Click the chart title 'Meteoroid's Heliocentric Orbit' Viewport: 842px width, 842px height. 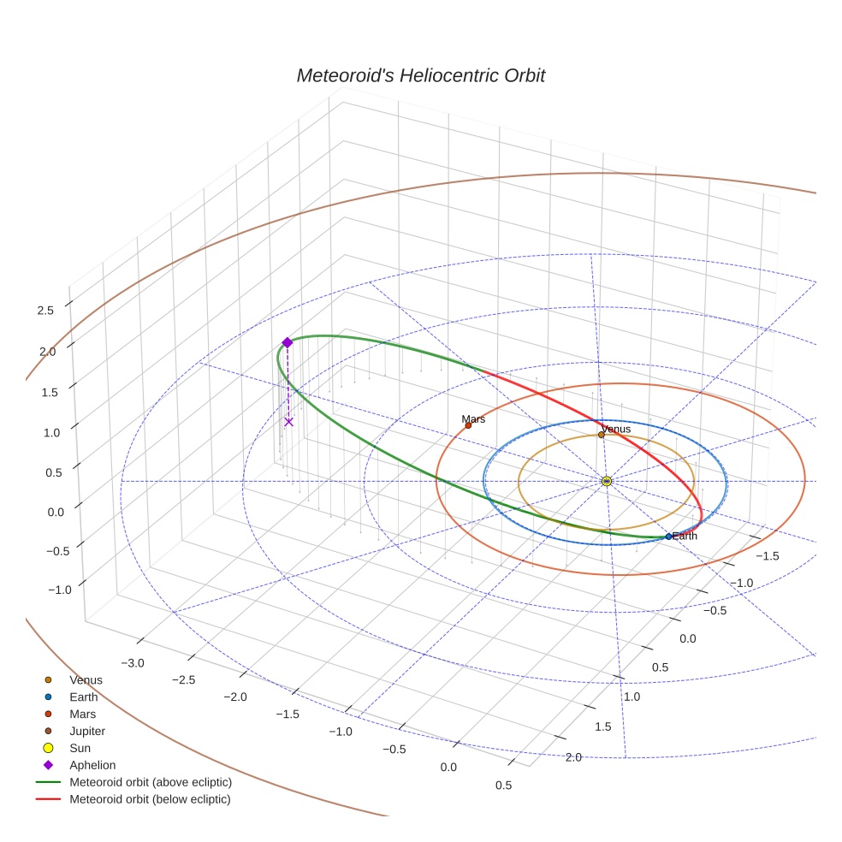coord(420,75)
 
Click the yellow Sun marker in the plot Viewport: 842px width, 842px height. coord(606,482)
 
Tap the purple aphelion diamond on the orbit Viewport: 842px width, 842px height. coord(288,342)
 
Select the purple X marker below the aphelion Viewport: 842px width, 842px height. coord(288,421)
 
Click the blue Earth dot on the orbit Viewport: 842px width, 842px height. coord(668,537)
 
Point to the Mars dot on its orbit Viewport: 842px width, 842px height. coord(468,425)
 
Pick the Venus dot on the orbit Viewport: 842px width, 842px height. coord(601,435)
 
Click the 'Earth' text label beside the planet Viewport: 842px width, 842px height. coord(685,536)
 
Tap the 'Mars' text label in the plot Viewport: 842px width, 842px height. coord(473,419)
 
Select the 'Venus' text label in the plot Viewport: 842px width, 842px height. coord(616,429)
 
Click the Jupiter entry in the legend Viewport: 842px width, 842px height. coord(86,731)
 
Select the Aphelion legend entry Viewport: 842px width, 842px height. coord(92,765)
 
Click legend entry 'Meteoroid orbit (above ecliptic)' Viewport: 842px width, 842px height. coord(150,782)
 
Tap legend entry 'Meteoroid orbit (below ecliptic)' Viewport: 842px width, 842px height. coord(150,799)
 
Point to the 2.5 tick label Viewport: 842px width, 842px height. coord(46,311)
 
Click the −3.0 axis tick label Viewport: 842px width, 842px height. coord(133,663)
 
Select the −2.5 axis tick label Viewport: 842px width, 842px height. coord(183,679)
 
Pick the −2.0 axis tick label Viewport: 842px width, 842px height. coord(234,697)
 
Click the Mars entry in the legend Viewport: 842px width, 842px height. coord(82,714)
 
